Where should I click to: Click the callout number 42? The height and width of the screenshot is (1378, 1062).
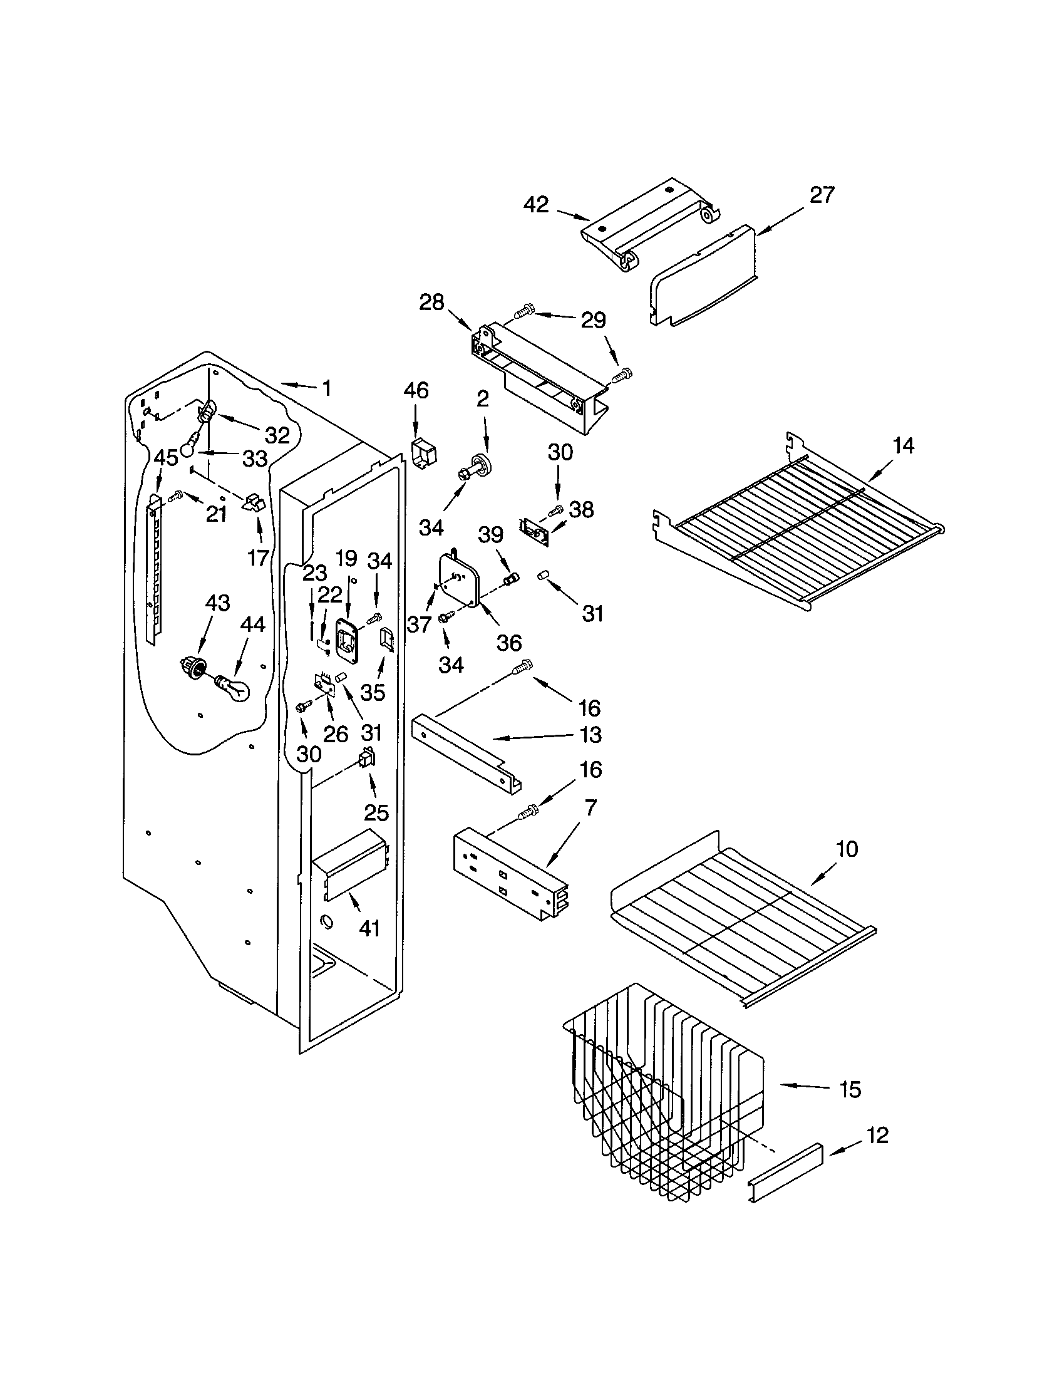[537, 205]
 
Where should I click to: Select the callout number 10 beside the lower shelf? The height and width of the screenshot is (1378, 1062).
[847, 849]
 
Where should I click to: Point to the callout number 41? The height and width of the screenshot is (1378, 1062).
[369, 928]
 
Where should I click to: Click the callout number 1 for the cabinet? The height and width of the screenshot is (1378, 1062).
[326, 388]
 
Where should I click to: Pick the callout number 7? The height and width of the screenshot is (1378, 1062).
[591, 807]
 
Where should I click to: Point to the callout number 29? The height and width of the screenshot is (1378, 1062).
[593, 320]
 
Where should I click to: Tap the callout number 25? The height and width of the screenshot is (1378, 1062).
[376, 812]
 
